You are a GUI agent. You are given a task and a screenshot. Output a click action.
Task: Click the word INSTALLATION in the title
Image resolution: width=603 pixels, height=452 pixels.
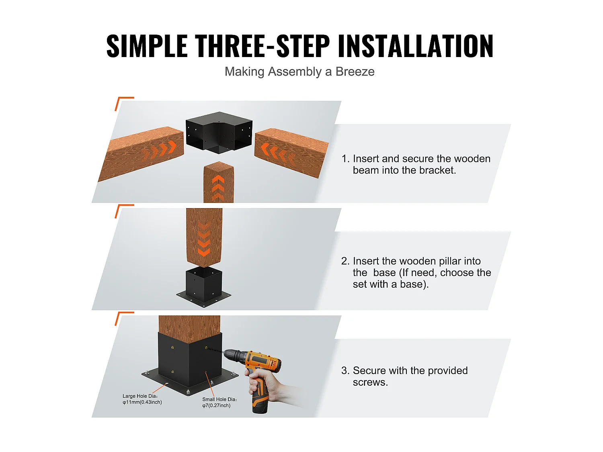pyautogui.click(x=415, y=46)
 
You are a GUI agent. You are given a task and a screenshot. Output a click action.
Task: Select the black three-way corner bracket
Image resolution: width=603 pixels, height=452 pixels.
pyautogui.click(x=219, y=133)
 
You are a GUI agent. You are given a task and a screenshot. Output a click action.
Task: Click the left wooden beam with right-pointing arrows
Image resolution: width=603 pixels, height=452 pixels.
pyautogui.click(x=143, y=153)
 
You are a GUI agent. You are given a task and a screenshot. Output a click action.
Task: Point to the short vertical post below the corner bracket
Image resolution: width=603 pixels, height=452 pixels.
pyautogui.click(x=218, y=183)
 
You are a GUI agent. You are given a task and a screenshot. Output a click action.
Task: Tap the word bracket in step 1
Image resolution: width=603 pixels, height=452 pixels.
pyautogui.click(x=437, y=170)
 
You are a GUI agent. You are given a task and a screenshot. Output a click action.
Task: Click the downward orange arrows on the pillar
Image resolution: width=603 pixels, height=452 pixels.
pyautogui.click(x=204, y=241)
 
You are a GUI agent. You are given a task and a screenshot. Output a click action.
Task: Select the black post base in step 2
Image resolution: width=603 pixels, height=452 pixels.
pyautogui.click(x=204, y=286)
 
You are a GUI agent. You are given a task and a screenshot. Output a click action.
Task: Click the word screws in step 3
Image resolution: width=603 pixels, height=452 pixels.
pyautogui.click(x=370, y=382)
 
